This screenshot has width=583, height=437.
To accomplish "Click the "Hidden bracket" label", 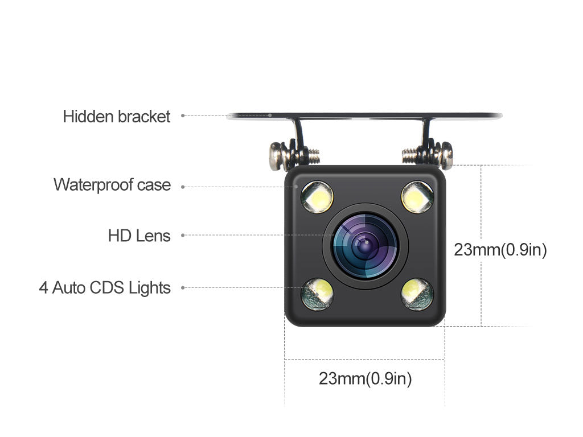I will [117, 117].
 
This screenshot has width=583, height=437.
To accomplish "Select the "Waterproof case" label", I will [112, 185].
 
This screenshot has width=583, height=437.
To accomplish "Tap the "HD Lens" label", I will [139, 235].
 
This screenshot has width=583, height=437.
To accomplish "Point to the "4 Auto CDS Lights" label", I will [105, 288].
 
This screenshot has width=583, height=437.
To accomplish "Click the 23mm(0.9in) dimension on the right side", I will [500, 250].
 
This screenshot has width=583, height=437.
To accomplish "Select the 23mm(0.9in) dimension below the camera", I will [365, 378].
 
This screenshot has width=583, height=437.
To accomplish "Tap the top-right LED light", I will [417, 197].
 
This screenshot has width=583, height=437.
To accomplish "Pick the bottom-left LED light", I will [317, 294].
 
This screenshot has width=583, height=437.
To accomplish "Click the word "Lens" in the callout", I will [153, 235].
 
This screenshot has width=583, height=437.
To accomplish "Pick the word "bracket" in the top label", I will [144, 117].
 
